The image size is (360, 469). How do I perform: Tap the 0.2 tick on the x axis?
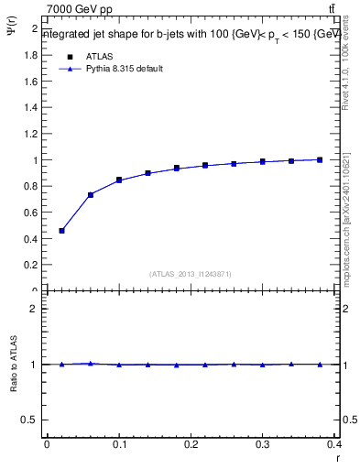pos(191,444)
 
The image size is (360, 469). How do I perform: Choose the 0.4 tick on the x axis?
pos(334,444)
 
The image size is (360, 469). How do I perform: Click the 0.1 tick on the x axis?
pos(119,444)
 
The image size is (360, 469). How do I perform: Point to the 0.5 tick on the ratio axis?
pos(31,420)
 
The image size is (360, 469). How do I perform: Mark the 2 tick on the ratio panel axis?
pos(35,309)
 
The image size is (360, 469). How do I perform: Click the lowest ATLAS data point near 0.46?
pos(61,231)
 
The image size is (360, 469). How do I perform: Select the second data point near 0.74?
pos(91,194)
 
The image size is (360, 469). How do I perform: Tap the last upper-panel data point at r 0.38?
pos(321,159)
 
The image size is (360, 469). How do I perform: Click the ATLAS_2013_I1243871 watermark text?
pos(191,274)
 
